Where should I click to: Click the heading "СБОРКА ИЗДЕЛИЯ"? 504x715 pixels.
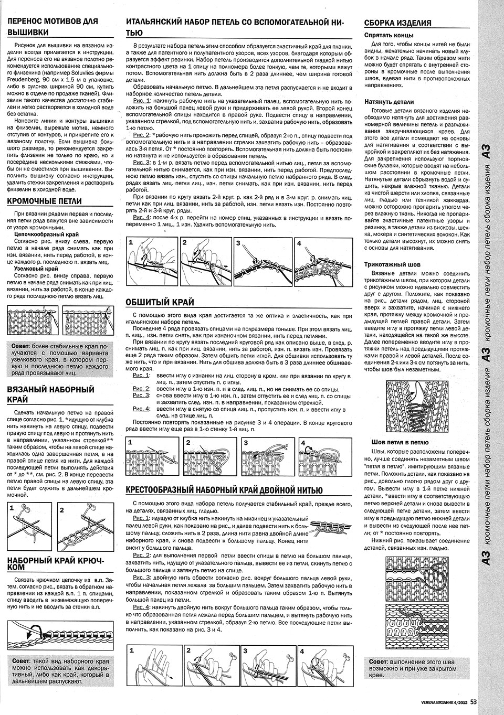click(398, 23)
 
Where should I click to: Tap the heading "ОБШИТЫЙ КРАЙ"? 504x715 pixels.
click(160, 302)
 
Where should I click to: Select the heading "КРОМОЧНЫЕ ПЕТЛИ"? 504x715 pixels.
click(45, 201)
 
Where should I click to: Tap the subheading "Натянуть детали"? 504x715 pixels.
click(389, 102)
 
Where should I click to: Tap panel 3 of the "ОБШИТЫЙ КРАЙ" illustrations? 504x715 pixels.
click(266, 457)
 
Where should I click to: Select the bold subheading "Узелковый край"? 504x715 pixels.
click(36, 269)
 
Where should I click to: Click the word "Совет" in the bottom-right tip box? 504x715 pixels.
click(379, 661)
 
